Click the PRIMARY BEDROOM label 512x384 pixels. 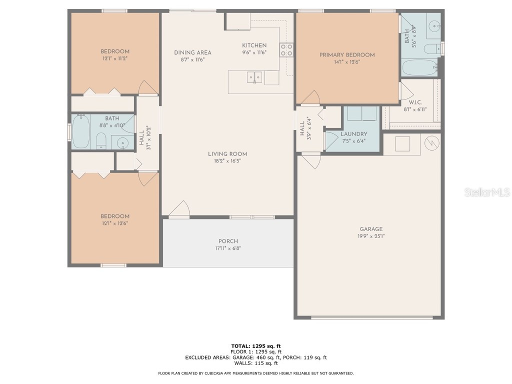coord(347,55)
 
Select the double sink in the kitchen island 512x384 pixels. coord(254,77)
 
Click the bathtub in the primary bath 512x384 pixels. coord(419,67)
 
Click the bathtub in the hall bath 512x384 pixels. coord(80,132)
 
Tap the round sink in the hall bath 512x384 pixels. coord(123,144)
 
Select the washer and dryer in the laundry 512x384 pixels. coord(361,113)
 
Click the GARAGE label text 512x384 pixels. coord(370,229)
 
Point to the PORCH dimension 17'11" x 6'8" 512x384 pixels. coord(228,248)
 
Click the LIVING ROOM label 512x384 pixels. coord(227,154)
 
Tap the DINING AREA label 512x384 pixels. coord(192,52)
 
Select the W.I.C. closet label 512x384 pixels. coord(415,102)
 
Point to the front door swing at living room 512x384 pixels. coord(179,209)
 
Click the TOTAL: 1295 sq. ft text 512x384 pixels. coord(255,346)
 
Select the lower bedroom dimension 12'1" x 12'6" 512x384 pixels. coord(115,223)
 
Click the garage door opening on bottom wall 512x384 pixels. coord(371,317)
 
